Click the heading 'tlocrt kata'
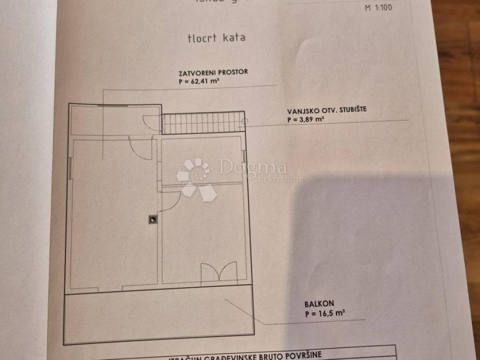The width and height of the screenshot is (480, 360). click(x=216, y=38)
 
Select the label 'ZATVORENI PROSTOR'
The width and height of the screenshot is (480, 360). click(x=212, y=73)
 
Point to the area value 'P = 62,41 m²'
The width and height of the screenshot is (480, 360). click(x=199, y=81)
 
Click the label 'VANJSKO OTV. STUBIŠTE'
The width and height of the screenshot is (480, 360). click(x=327, y=112)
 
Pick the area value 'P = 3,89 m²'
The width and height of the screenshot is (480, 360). click(x=305, y=120)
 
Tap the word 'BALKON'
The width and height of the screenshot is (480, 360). click(x=319, y=304)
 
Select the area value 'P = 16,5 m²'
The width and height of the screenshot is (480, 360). click(x=325, y=314)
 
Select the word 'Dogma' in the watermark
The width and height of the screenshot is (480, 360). click(x=252, y=167)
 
